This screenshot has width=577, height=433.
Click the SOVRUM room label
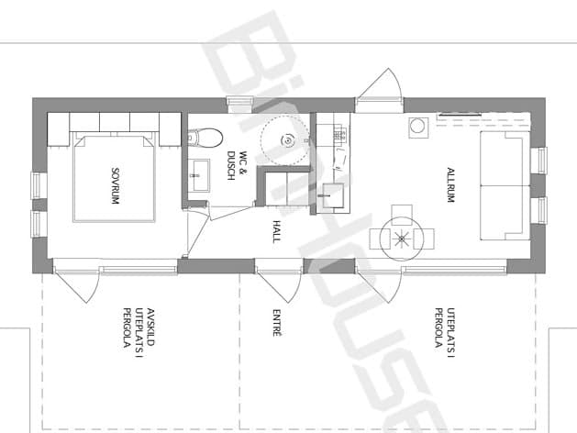click(116, 186)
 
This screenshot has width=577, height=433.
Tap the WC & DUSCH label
click(237, 165)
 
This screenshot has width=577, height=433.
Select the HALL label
click(277, 231)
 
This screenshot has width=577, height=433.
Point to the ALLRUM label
click(450, 185)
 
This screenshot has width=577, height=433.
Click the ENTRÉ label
click(277, 323)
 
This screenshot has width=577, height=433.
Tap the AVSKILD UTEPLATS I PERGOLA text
click(139, 328)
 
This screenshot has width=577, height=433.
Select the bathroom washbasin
click(201, 175)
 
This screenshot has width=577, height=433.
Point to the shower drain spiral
click(288, 140)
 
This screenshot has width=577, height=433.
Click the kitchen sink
click(333, 195)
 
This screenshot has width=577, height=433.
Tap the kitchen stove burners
click(340, 134)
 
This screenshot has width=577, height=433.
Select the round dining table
click(402, 239)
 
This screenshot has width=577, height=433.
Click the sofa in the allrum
click(505, 186)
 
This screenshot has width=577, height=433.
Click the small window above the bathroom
click(240, 104)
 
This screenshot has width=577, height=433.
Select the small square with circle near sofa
click(418, 128)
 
